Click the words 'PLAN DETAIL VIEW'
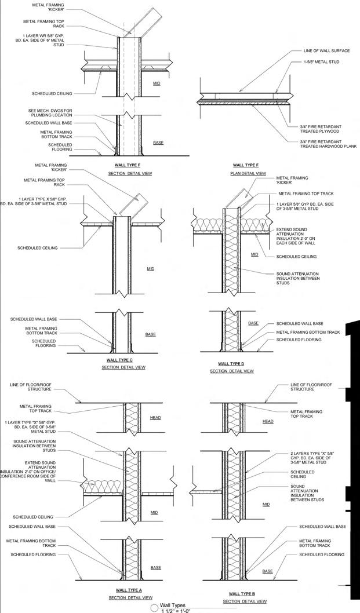pos(249,173)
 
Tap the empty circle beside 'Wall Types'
pos(154,608)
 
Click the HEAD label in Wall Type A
pos(155,417)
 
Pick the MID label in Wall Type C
pos(151,269)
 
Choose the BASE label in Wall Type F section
pos(158,142)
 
